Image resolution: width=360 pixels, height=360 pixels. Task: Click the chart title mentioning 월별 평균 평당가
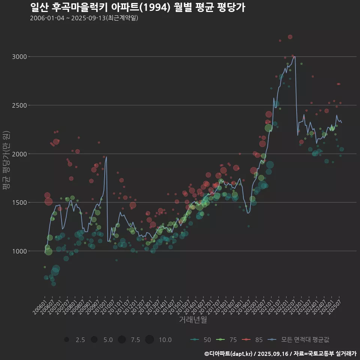pyautogui.click(x=137, y=7)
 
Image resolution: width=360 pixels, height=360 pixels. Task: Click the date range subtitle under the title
pyautogui.click(x=84, y=18)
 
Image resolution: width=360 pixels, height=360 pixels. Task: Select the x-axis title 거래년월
pyautogui.click(x=193, y=320)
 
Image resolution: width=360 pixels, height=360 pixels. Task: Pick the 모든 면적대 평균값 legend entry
pyautogui.click(x=299, y=340)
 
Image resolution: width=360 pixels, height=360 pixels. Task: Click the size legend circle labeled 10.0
pyautogui.click(x=150, y=340)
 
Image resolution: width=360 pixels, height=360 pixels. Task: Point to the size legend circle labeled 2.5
pyautogui.click(x=67, y=340)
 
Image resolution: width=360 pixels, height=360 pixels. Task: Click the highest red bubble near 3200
pyautogui.click(x=290, y=37)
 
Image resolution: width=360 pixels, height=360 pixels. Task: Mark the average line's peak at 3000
pyautogui.click(x=295, y=57)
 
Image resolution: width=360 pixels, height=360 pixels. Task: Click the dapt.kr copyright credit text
pyautogui.click(x=280, y=354)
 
